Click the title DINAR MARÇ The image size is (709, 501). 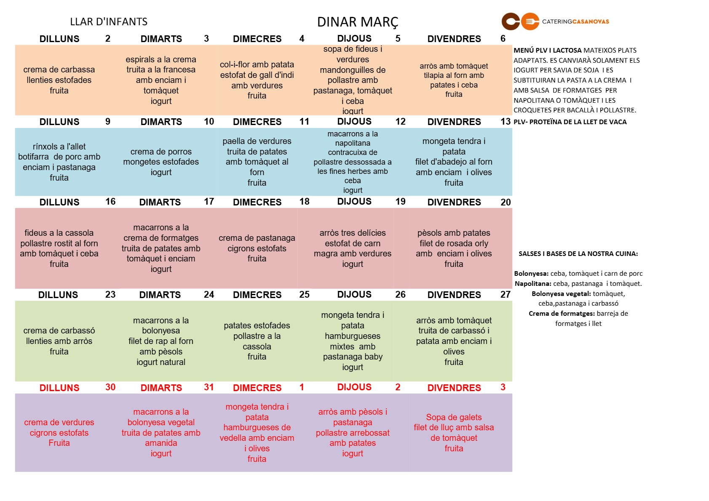click(x=357, y=22)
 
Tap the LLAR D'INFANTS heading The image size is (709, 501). click(x=109, y=22)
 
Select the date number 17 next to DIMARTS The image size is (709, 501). click(x=209, y=202)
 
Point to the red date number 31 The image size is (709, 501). click(x=209, y=387)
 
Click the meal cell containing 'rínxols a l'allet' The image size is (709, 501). click(x=59, y=162)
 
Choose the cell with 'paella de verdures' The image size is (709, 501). click(x=257, y=162)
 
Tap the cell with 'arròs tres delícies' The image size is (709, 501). click(x=353, y=248)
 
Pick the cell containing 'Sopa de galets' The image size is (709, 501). click(x=454, y=433)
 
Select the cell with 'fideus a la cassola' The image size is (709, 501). click(x=59, y=248)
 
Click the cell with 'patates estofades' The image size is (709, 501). click(x=257, y=341)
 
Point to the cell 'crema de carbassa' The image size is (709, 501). click(x=59, y=80)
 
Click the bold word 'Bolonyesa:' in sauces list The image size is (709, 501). click(x=531, y=274)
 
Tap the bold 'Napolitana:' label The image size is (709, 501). click(x=533, y=284)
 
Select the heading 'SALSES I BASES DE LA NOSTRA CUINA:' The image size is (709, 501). click(x=578, y=254)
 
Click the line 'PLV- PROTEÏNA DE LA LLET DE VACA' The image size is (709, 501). click(x=570, y=122)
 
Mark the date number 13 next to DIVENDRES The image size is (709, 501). click(x=506, y=122)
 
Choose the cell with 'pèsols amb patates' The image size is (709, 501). click(x=454, y=248)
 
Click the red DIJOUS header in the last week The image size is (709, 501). click(x=354, y=387)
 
